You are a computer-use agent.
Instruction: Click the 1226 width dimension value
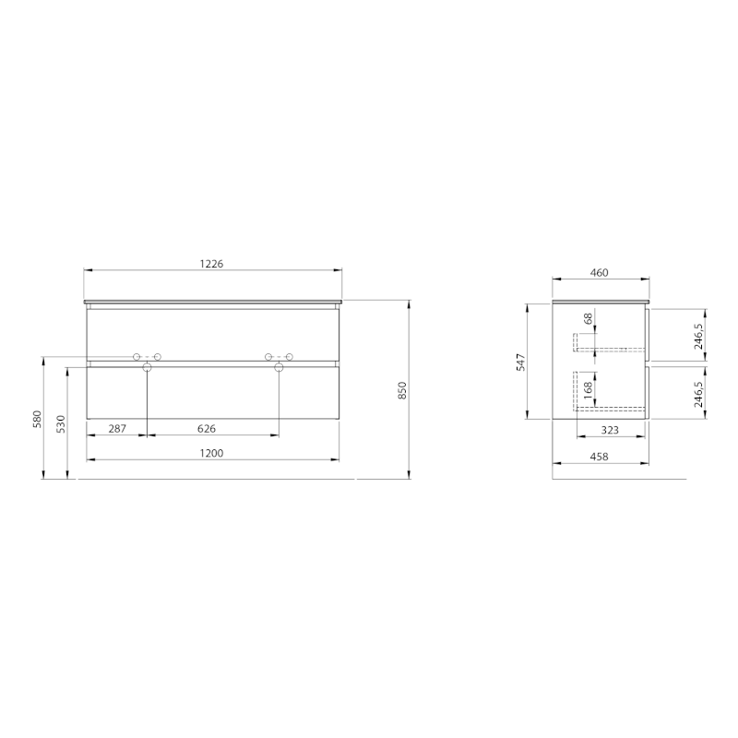coord(213,263)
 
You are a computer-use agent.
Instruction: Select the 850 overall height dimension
coord(401,390)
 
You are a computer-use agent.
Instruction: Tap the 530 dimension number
coord(61,424)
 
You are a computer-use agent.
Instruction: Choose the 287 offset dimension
coord(117,428)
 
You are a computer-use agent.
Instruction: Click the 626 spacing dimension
coord(206,428)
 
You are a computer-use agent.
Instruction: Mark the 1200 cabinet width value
coord(213,452)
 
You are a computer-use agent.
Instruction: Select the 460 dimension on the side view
coord(600,272)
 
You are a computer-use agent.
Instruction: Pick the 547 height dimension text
coord(520,362)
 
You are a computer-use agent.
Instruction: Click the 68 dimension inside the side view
coord(589,319)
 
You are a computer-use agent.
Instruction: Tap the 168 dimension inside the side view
coord(589,387)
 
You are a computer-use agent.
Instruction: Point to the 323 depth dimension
coord(610,430)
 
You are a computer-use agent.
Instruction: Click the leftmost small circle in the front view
coord(137,357)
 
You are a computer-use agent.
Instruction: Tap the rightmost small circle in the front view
coord(290,357)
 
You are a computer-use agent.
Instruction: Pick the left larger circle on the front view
coord(147,368)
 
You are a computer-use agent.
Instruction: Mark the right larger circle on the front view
coord(279,368)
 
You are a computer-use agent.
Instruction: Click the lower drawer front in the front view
coord(213,395)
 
